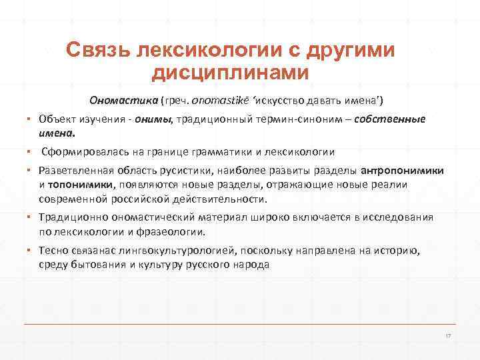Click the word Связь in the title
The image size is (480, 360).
[x=99, y=51]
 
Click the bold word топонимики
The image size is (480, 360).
[x=82, y=185]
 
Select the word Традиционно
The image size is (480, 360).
[x=67, y=218]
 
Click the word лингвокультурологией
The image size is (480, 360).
[x=179, y=251]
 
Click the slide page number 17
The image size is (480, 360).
[x=448, y=334]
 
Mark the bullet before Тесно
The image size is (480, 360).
[x=31, y=251]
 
